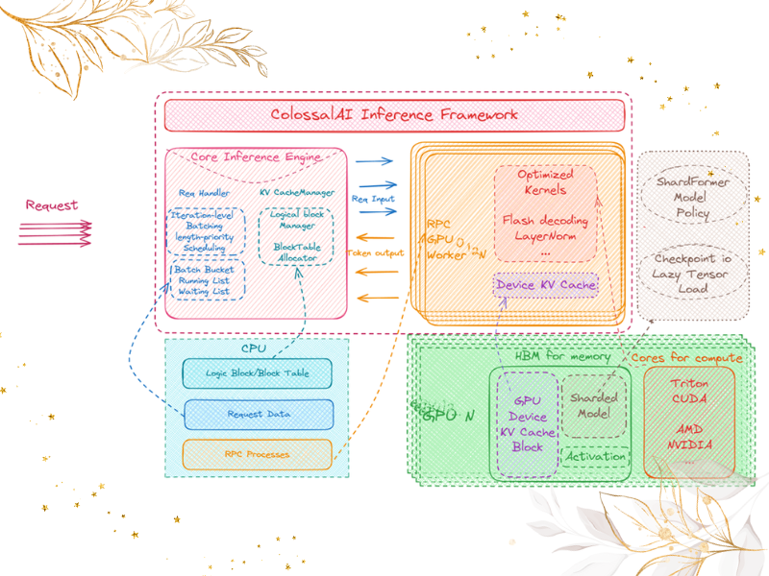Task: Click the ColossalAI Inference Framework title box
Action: click(x=394, y=115)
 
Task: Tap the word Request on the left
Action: click(x=51, y=205)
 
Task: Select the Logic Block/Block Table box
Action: click(x=258, y=373)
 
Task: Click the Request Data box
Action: click(x=259, y=414)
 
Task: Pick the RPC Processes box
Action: click(x=257, y=454)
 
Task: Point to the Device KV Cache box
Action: click(x=546, y=285)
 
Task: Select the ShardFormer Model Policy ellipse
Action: click(x=692, y=196)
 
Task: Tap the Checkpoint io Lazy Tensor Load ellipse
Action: click(x=692, y=274)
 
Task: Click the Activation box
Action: click(x=595, y=457)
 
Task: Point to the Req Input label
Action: click(x=374, y=199)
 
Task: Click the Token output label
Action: click(x=376, y=253)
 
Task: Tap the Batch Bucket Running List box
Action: click(x=208, y=280)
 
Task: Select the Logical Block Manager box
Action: click(x=297, y=235)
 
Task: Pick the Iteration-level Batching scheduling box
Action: click(x=207, y=232)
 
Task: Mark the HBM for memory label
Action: click(x=562, y=357)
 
